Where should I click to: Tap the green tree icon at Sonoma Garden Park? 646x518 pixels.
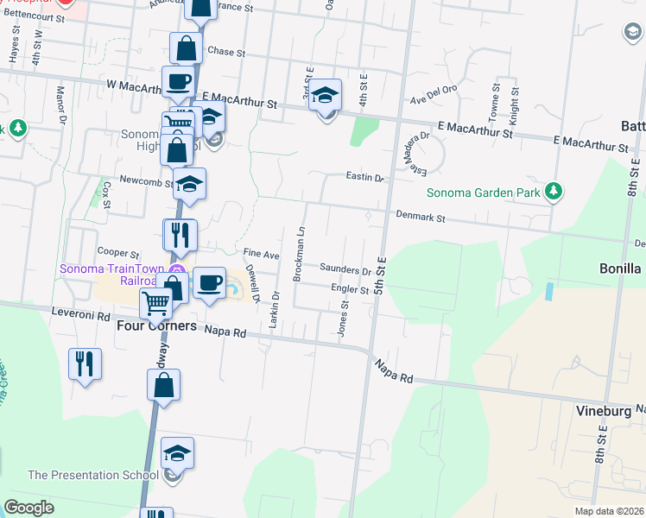coord(554,191)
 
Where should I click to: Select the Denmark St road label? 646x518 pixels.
coord(420,218)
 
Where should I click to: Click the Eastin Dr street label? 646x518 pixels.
coord(364,178)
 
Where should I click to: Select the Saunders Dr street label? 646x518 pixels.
coord(345,270)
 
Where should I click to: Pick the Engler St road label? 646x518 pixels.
coord(349,291)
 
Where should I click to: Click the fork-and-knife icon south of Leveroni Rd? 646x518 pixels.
coord(85,363)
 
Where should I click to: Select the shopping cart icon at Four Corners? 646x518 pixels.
coord(155,303)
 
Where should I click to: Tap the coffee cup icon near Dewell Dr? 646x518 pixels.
coord(209,283)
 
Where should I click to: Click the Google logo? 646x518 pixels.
coord(28,507)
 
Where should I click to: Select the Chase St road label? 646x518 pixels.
coord(226,52)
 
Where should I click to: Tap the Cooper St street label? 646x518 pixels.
coord(118,255)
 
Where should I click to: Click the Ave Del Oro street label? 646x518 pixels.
coord(431,99)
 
